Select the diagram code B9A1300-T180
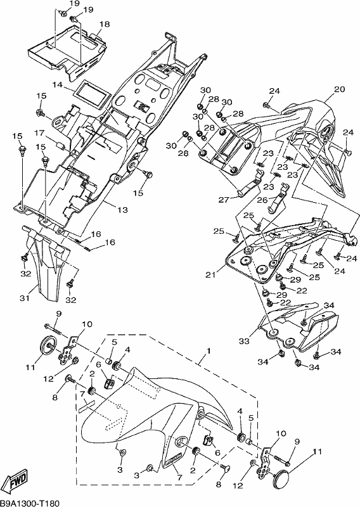pyautogui.click(x=30, y=503)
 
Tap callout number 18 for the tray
pyautogui.click(x=105, y=24)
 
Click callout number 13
pyautogui.click(x=122, y=210)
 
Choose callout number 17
pyautogui.click(x=39, y=133)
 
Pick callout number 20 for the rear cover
pyautogui.click(x=340, y=89)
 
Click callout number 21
pyautogui.click(x=210, y=275)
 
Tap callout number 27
pyautogui.click(x=224, y=200)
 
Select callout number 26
pyautogui.click(x=262, y=200)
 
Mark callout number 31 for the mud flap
pyautogui.click(x=25, y=298)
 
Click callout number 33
pyautogui.click(x=244, y=341)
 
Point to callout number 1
pyautogui.click(x=209, y=351)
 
